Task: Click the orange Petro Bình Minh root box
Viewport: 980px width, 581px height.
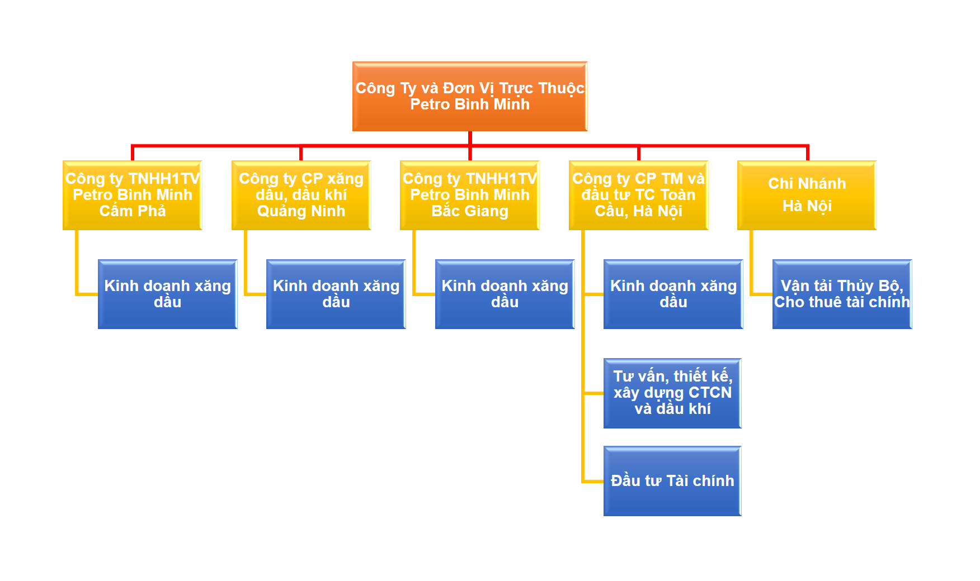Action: (470, 96)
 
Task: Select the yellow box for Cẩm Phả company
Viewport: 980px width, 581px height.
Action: (133, 195)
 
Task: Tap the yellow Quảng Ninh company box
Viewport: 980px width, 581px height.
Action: (301, 195)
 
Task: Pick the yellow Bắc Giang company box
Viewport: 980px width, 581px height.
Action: (470, 195)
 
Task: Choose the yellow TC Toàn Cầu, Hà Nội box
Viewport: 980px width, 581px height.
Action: (638, 195)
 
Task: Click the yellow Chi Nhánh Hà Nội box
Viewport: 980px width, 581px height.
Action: (807, 195)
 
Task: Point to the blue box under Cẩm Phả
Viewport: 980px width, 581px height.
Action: (168, 294)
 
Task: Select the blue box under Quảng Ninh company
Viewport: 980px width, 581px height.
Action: (336, 294)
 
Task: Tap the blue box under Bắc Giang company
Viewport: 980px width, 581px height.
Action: (505, 294)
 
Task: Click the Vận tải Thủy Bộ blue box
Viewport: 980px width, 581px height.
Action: (842, 294)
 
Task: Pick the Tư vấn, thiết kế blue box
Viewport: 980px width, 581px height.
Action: (672, 393)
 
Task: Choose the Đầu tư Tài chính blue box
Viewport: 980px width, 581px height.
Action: (672, 480)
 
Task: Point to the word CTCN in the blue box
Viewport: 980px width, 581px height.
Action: (710, 393)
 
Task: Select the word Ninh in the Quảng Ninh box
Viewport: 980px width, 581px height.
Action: (328, 211)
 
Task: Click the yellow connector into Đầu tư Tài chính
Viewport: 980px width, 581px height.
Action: (593, 480)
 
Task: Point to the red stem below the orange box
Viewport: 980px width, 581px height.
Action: (470, 138)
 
